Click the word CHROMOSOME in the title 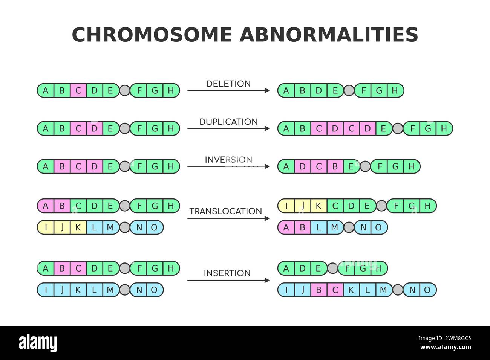[152, 35]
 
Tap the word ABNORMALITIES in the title [329, 35]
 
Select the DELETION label [228, 84]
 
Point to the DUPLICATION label [228, 122]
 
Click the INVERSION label [228, 160]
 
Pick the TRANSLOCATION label [226, 211]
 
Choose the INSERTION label [227, 273]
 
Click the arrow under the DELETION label [228, 90]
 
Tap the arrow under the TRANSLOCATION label [228, 218]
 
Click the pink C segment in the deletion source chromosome [78, 90]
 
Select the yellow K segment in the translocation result [319, 206]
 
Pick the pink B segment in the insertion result [319, 290]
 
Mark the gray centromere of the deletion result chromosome [349, 90]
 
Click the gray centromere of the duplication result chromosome [398, 128]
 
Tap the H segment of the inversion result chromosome [412, 166]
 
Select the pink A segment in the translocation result [286, 227]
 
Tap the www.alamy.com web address [446, 347]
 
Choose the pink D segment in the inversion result [303, 166]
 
